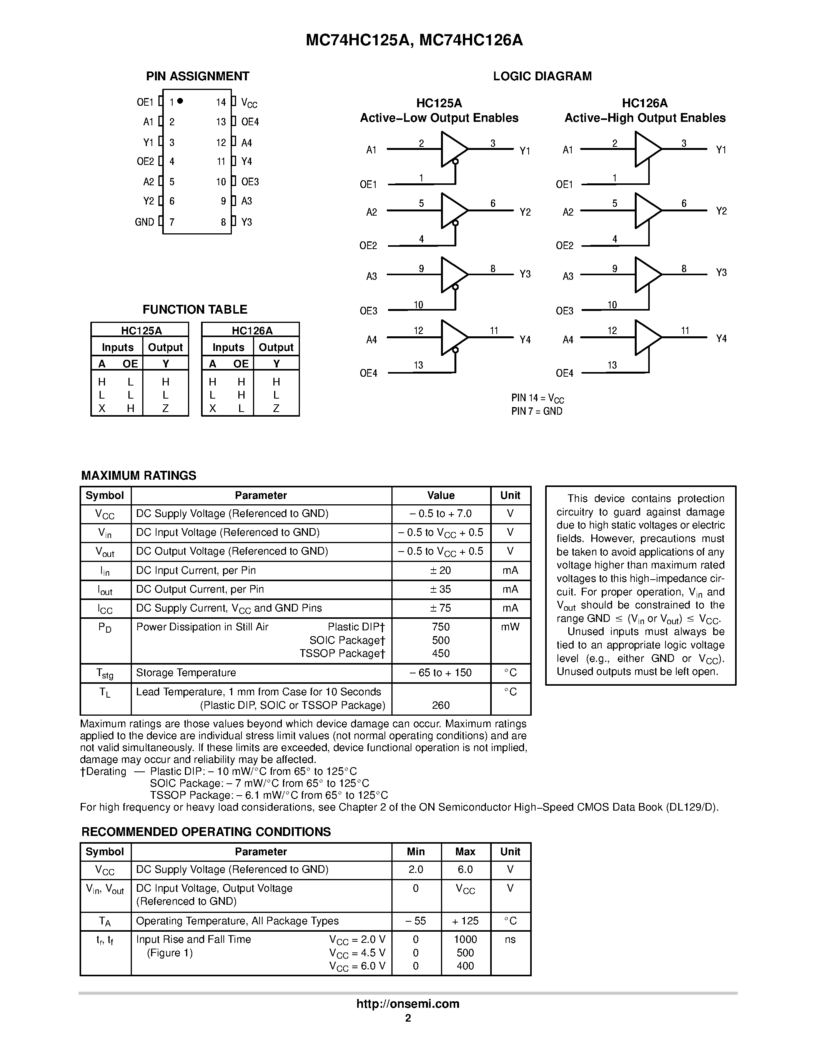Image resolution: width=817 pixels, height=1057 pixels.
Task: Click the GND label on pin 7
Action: pos(144,222)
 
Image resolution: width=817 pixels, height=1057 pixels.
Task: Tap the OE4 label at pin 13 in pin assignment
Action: pos(250,122)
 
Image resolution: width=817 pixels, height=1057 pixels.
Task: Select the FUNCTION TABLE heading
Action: pos(195,309)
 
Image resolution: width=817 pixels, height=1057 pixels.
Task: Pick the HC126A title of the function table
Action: pos(252,331)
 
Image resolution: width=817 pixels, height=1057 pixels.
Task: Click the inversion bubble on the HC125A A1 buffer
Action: pos(455,162)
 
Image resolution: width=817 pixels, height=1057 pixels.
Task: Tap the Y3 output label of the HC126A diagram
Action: pos(721,273)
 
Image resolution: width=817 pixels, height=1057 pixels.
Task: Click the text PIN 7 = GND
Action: pos(537,411)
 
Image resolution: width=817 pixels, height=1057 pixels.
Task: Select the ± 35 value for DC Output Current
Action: pos(441,589)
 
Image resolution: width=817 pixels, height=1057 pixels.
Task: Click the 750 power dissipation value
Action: pos(441,627)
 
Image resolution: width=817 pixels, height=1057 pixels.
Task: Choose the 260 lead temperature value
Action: pos(441,705)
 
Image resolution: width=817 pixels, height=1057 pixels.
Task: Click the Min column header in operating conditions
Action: pos(415,851)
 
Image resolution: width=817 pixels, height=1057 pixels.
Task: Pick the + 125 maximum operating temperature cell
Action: pos(465,921)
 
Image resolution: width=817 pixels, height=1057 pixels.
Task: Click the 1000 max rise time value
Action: pos(465,939)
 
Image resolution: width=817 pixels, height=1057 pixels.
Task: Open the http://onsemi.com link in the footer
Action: pos(408,1004)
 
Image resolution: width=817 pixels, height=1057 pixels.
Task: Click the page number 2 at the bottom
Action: pos(408,1018)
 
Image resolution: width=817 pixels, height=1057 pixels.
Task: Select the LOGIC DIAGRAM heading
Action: pos(542,76)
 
